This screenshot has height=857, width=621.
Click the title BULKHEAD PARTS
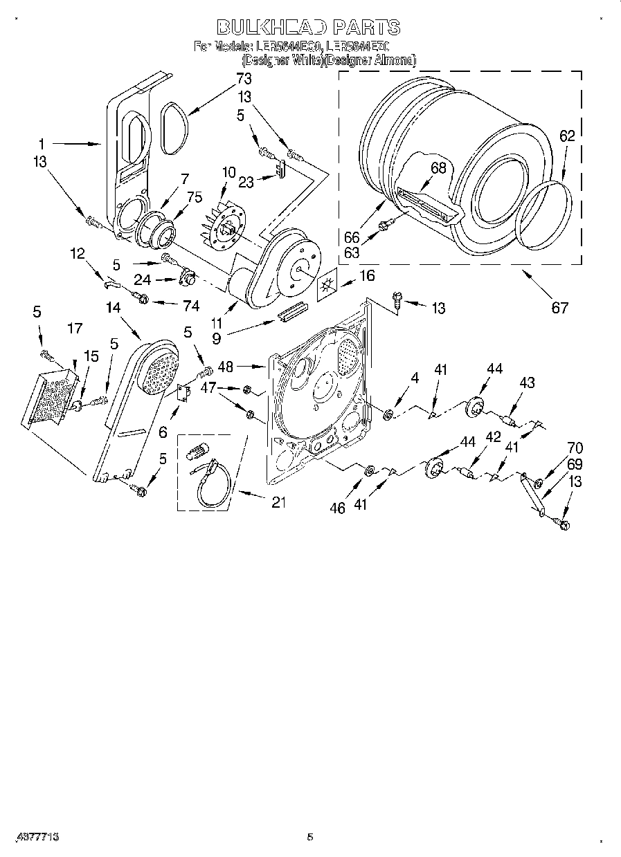click(x=308, y=27)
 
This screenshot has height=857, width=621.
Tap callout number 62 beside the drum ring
click(x=567, y=137)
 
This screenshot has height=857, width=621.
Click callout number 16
click(x=367, y=275)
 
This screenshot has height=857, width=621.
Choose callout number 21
click(x=278, y=503)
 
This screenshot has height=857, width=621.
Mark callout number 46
click(x=337, y=508)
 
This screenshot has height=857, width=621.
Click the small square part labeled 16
click(x=326, y=284)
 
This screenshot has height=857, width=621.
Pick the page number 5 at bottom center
click(x=309, y=837)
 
